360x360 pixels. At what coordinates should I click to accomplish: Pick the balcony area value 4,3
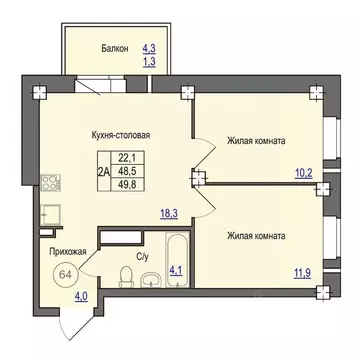[x=150, y=47]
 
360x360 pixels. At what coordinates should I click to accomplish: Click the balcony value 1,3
[x=150, y=62]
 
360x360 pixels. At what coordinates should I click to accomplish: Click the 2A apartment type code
[x=102, y=171]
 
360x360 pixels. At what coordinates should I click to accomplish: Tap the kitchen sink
[x=47, y=212]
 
